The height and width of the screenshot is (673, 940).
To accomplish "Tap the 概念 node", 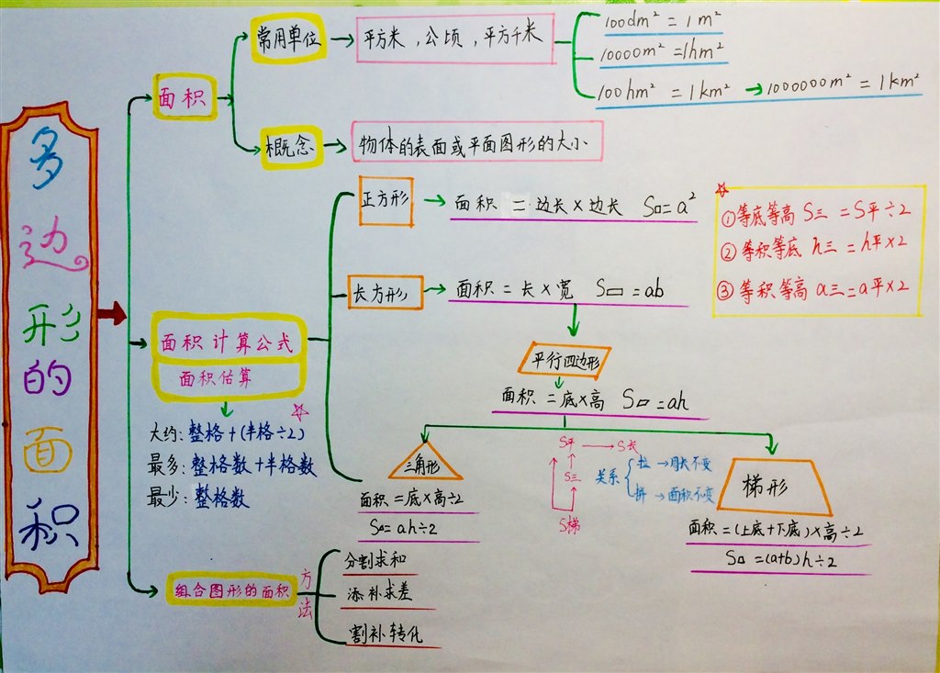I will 293,147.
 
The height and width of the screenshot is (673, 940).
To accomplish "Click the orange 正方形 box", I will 386,201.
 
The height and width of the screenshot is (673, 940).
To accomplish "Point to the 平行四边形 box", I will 565,358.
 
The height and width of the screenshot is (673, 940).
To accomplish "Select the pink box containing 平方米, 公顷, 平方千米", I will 454,38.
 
